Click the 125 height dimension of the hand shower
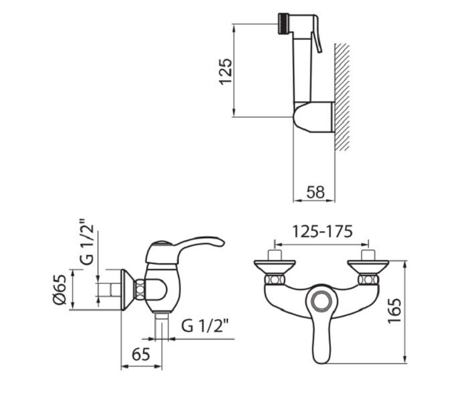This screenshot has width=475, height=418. coord(226,71)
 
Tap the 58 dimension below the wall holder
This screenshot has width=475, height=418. coord(315,192)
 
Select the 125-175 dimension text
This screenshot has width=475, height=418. coord(322,231)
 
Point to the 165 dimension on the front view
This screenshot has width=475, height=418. coord(395,311)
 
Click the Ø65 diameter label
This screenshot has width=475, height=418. coord(59,289)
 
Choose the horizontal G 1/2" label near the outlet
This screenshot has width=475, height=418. coord(204,326)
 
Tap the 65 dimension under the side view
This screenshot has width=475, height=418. coord(141,354)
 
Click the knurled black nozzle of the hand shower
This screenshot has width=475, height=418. coord(283,24)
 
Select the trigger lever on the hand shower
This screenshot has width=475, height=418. coord(316,34)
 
